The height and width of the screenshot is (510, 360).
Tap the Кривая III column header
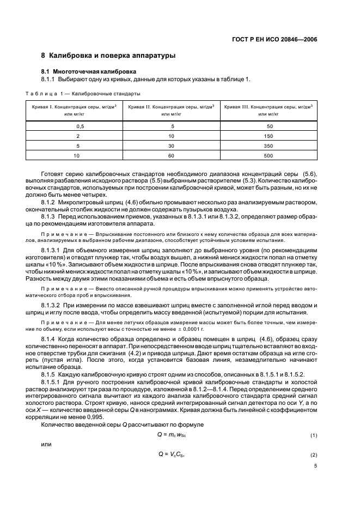click(269, 110)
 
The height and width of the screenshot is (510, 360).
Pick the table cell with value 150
click(269, 136)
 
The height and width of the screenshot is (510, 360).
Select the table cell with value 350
click(269, 145)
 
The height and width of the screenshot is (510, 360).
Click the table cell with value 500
click(269, 155)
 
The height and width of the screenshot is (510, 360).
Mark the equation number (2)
click(313, 454)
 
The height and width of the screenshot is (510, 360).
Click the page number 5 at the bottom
click(315, 466)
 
